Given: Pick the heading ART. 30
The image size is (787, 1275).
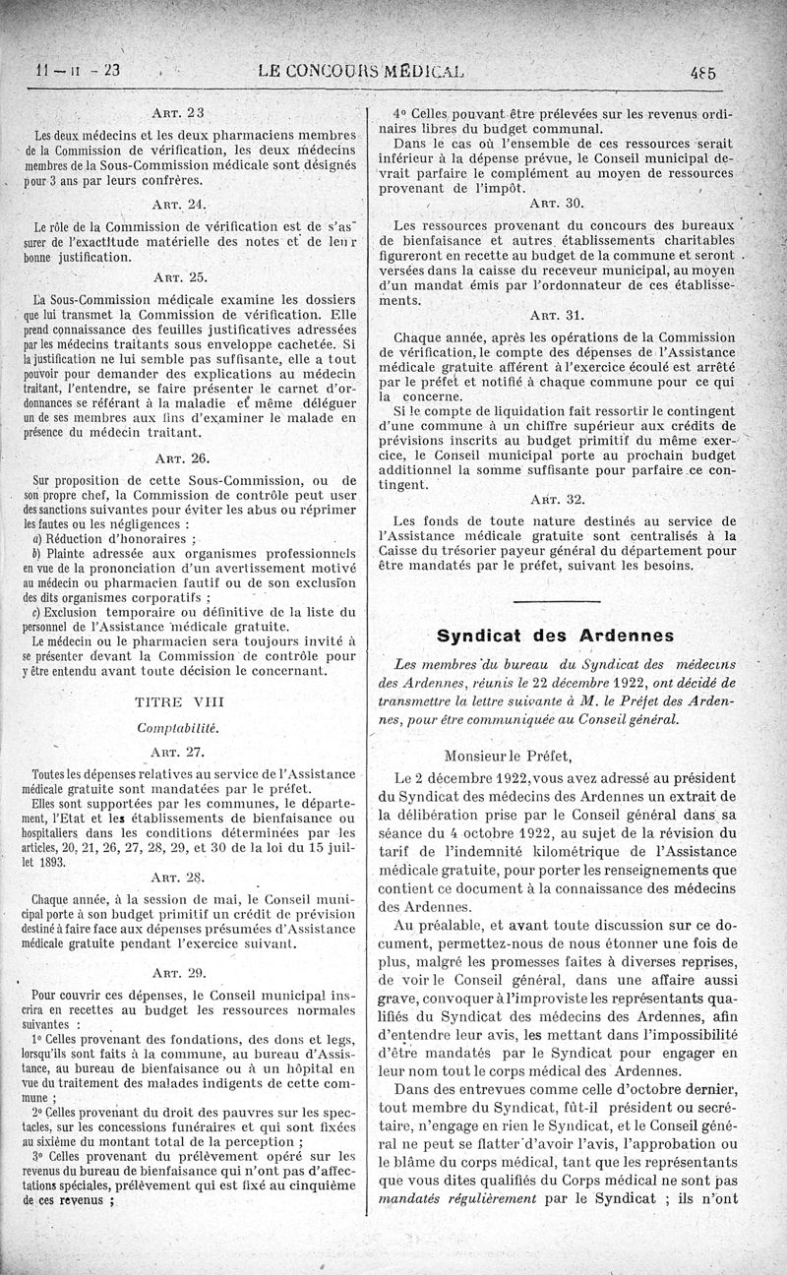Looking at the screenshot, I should [x=557, y=203].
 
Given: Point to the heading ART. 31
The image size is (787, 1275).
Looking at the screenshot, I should [x=557, y=316].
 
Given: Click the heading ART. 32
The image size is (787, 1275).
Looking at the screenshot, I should [x=557, y=498].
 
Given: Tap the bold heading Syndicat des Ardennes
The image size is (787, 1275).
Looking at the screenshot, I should [x=556, y=635].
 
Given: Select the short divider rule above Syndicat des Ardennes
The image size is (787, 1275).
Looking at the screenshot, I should [x=556, y=600].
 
